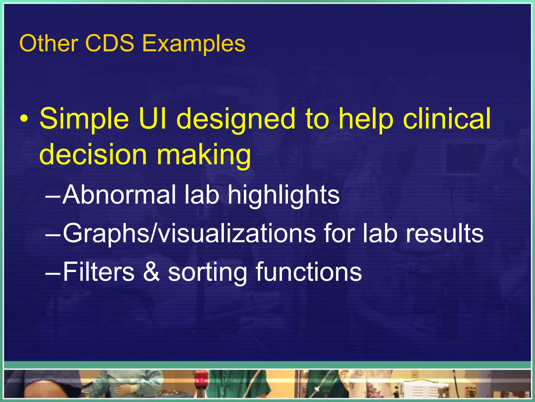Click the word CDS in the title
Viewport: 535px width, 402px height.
(109, 43)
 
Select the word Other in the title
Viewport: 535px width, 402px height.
(49, 43)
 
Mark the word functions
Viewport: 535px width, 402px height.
(309, 272)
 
